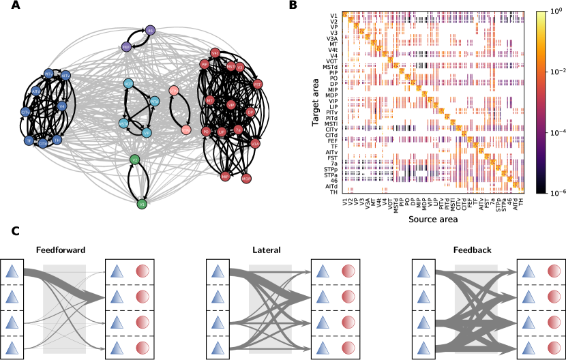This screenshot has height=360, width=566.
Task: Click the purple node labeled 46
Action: click(150, 30)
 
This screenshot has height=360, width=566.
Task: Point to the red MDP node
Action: click(246, 179)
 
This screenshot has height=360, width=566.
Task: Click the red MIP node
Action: click(225, 177)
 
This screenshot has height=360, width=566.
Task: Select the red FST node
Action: click(257, 84)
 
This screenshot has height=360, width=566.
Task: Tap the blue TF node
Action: click(29, 140)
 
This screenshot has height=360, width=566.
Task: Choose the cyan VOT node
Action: click(128, 84)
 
